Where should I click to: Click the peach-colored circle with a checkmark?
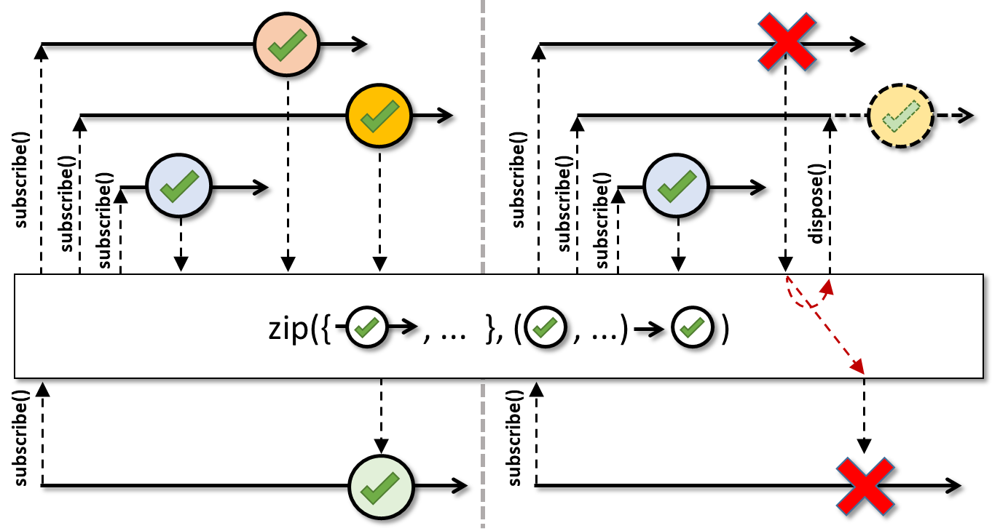pyautogui.click(x=287, y=44)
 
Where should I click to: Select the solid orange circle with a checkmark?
pyautogui.click(x=379, y=116)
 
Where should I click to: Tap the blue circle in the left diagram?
pyautogui.click(x=178, y=186)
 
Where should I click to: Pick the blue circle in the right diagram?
pyautogui.click(x=677, y=186)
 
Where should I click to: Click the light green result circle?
pyautogui.click(x=381, y=487)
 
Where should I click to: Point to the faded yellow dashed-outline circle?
pyautogui.click(x=901, y=116)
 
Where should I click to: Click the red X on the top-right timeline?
pyautogui.click(x=787, y=41)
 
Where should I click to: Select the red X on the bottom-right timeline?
pyautogui.click(x=865, y=487)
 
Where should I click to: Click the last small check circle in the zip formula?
pyautogui.click(x=693, y=327)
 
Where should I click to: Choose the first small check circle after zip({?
pyautogui.click(x=367, y=327)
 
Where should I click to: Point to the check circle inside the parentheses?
pyautogui.click(x=546, y=327)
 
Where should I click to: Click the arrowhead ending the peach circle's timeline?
pyautogui.click(x=359, y=44)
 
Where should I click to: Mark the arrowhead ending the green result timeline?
pyautogui.click(x=460, y=486)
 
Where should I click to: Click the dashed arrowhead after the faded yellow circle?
pyautogui.click(x=965, y=116)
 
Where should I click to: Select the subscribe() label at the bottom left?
pyautogui.click(x=20, y=438)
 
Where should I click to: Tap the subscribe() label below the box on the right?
pyautogui.click(x=514, y=438)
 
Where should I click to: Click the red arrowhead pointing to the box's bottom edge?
pyautogui.click(x=858, y=367)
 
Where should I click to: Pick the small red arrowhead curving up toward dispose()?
pyautogui.click(x=827, y=287)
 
